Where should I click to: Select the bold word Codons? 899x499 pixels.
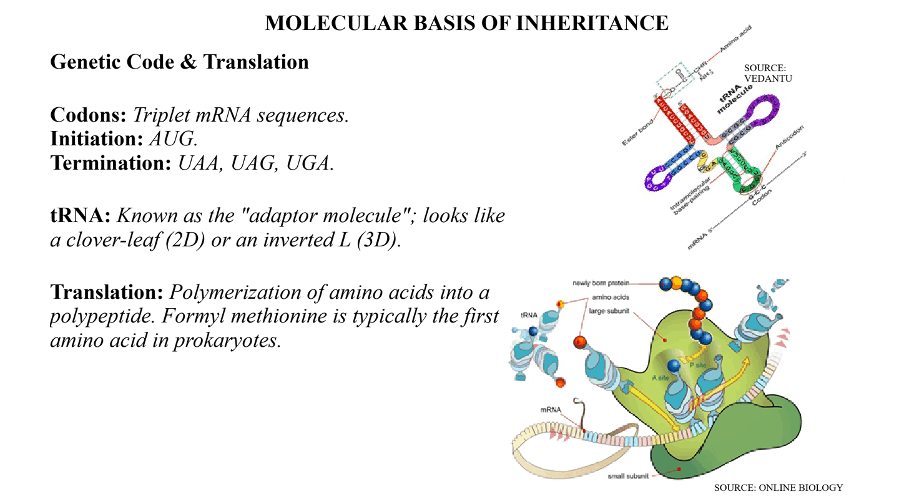pos(89,115)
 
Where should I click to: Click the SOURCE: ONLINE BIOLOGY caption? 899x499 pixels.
pos(779,488)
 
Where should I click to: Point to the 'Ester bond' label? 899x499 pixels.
pos(638,132)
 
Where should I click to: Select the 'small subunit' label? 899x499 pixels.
pos(628,477)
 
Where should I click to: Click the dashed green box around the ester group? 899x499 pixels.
pos(674,81)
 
